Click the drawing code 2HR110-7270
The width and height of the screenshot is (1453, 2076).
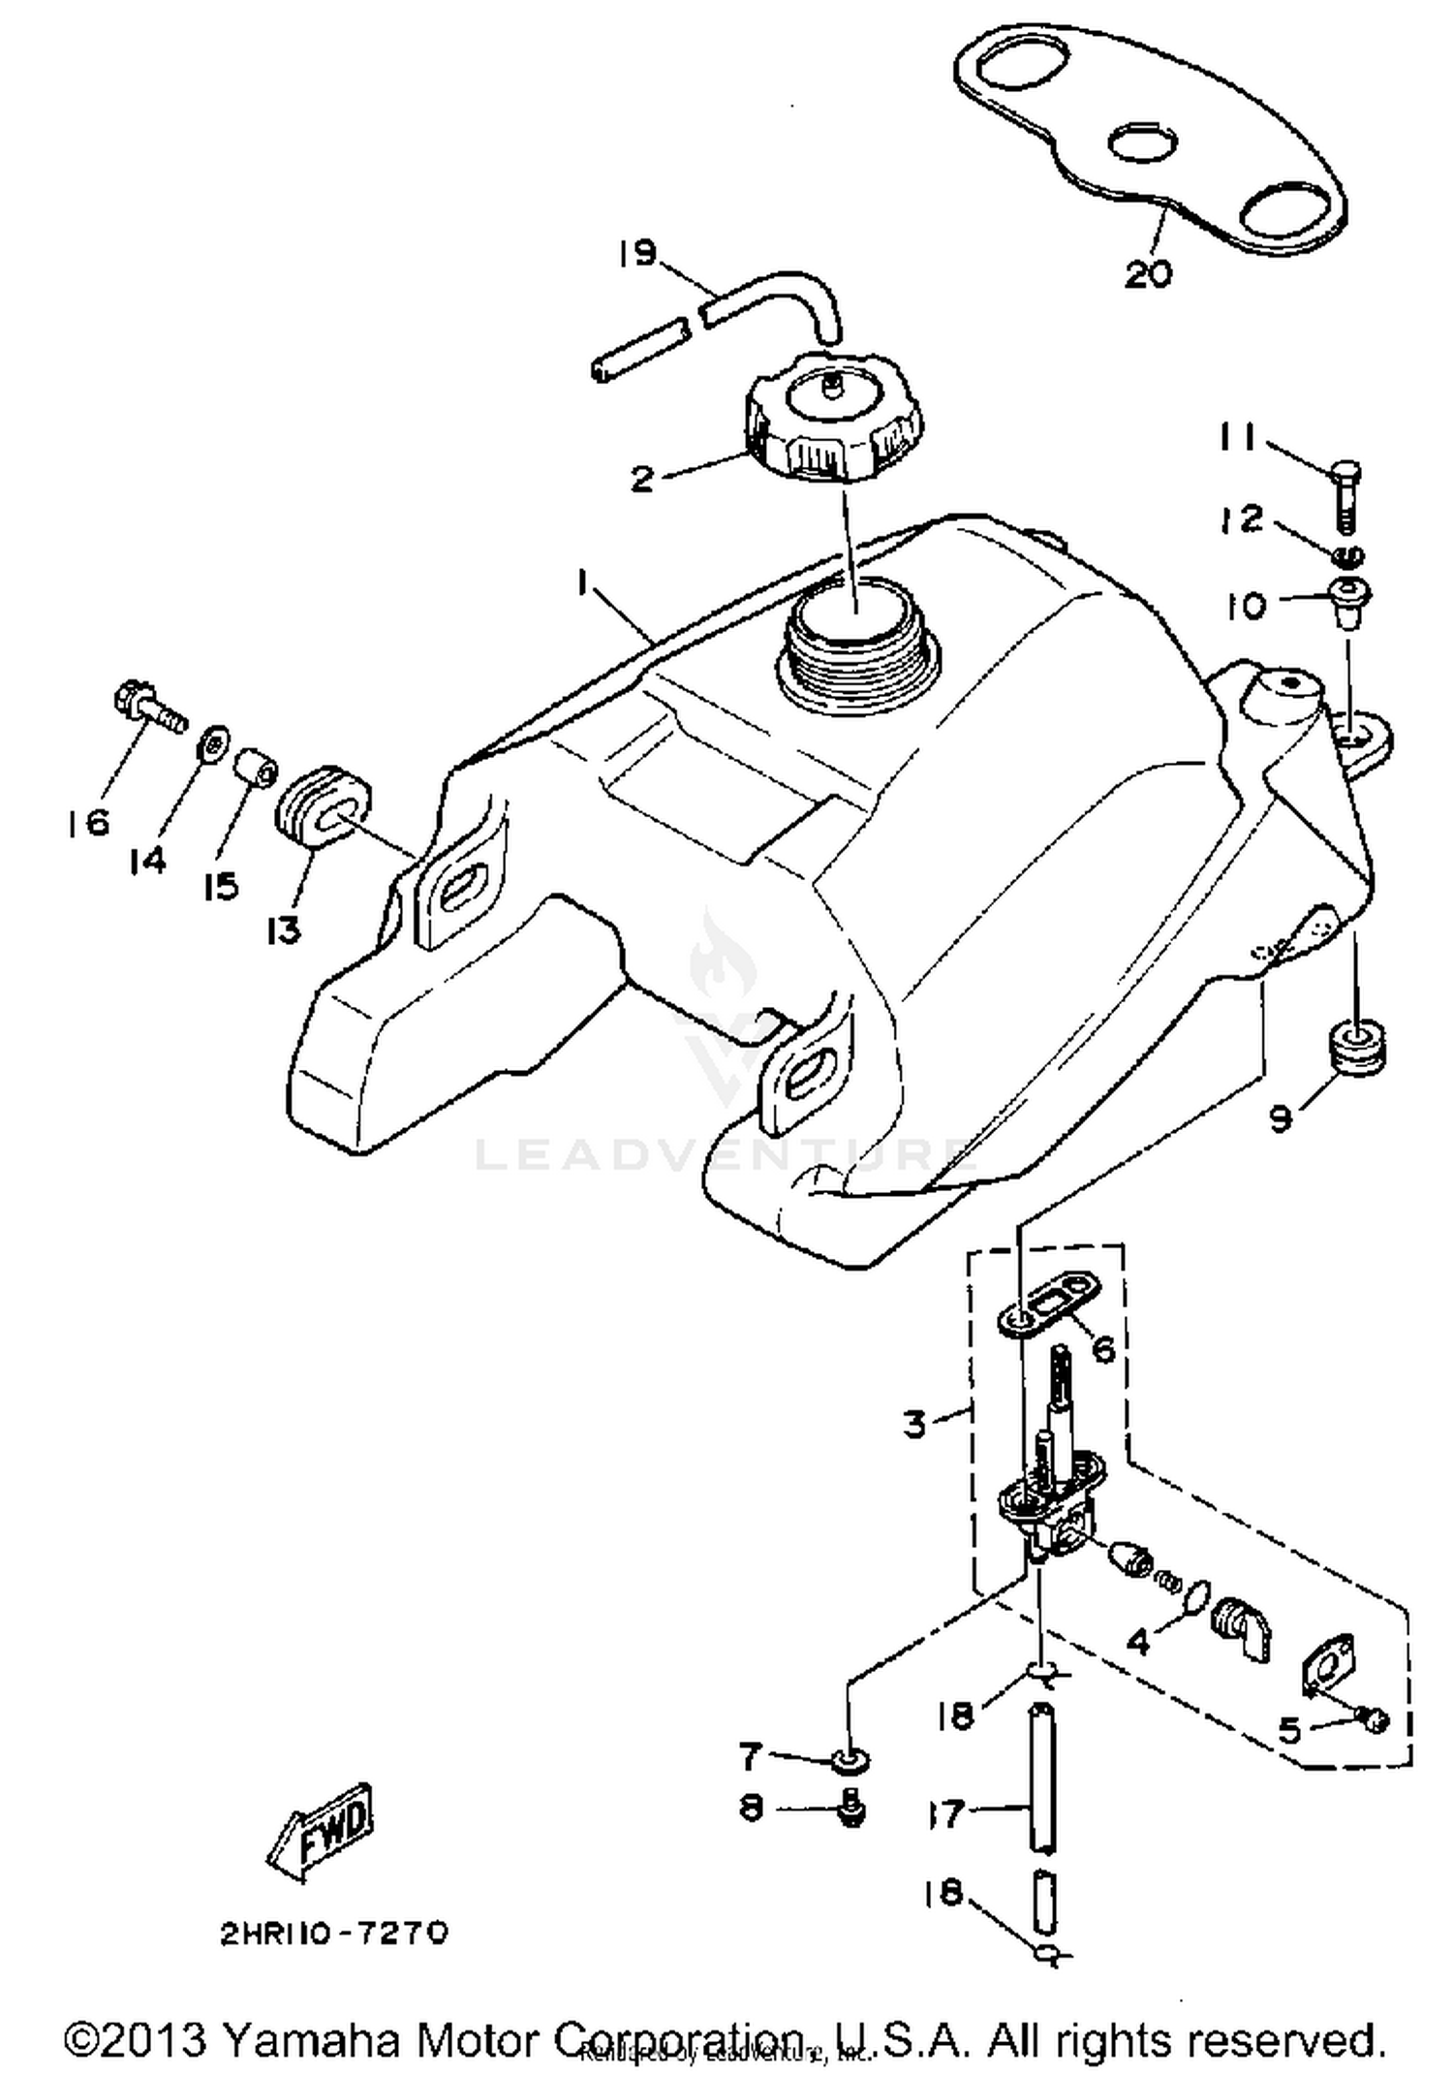point(334,1934)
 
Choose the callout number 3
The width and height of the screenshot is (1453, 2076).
point(914,1424)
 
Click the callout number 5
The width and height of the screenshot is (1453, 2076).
point(1289,1729)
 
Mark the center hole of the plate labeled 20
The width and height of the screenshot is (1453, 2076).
point(1140,144)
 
